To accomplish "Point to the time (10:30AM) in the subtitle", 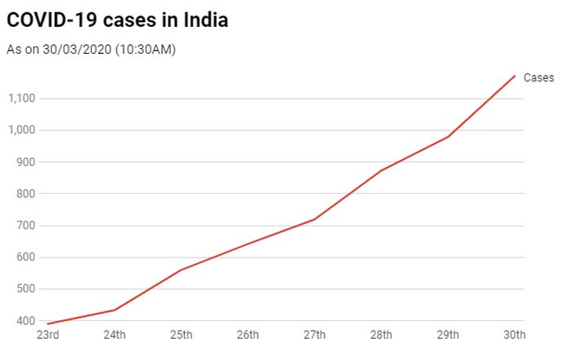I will (146, 50).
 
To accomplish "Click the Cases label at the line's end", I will (538, 78).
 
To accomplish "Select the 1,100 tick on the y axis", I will (21, 99).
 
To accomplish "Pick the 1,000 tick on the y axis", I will (21, 130).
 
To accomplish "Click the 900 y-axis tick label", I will (27, 162).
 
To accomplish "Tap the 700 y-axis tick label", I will (27, 226).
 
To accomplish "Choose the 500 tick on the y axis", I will (27, 289).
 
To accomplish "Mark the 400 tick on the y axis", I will (27, 321).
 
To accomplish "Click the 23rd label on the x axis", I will (46, 336).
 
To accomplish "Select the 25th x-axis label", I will (181, 336).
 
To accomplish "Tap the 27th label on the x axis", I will (314, 336).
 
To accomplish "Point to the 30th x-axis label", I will (515, 336).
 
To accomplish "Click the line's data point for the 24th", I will (114, 310).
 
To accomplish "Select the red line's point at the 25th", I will (181, 270).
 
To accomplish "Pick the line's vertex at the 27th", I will (314, 219).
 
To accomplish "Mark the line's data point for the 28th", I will (381, 170).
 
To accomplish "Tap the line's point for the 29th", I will (448, 136).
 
